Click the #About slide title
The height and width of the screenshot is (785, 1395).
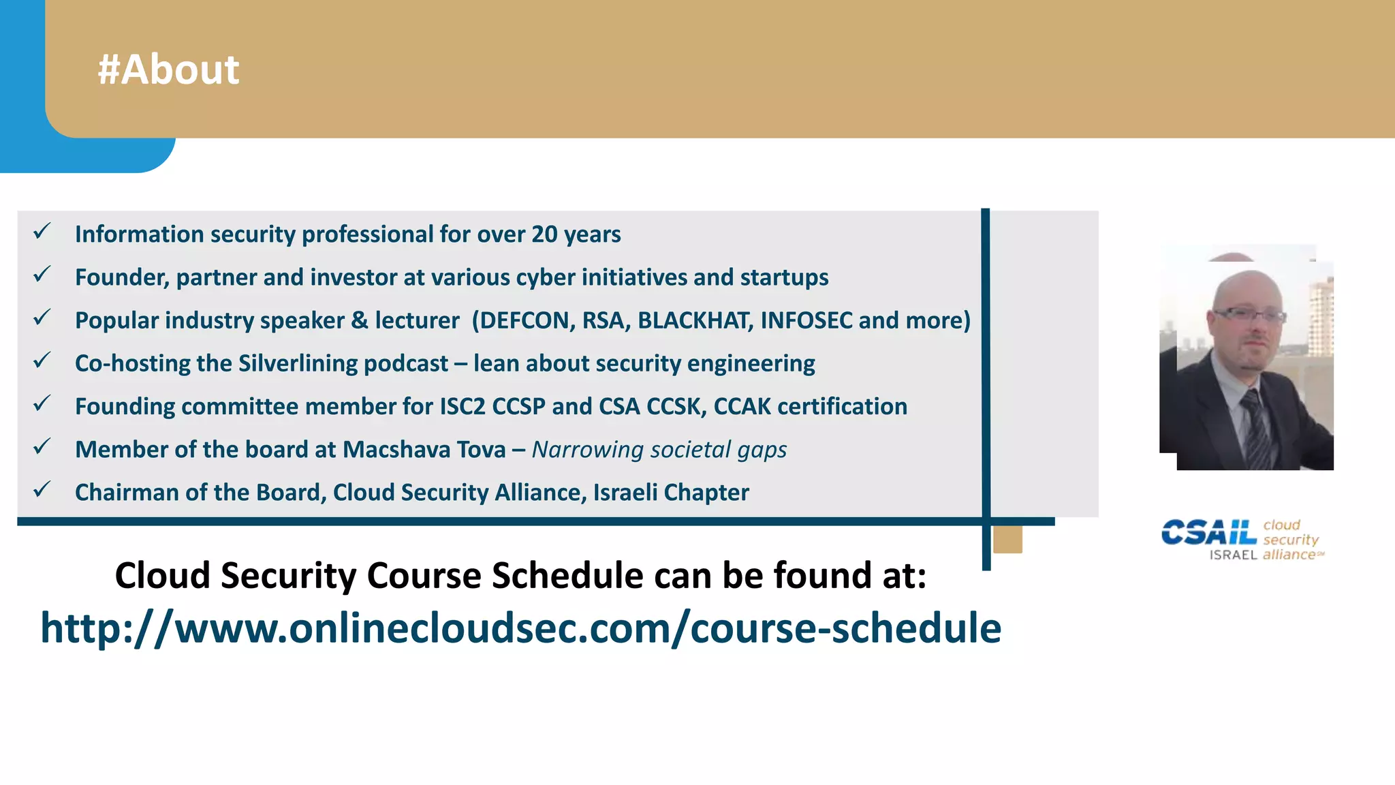click(168, 70)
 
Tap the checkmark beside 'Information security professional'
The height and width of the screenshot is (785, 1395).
click(42, 232)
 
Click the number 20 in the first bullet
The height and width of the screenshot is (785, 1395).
click(544, 234)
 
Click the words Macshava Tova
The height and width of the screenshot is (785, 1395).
click(424, 450)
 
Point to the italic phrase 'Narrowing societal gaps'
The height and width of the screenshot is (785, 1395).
click(659, 450)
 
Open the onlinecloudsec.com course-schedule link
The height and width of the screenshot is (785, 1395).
click(520, 628)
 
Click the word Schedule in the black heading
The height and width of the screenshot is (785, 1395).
click(567, 575)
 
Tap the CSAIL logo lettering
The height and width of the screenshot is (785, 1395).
click(1208, 532)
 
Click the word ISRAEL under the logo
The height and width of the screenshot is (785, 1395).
click(1233, 555)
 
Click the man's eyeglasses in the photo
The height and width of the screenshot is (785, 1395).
click(1249, 315)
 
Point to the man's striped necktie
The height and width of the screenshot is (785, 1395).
click(1257, 429)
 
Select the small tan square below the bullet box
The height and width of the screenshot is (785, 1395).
click(1007, 540)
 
